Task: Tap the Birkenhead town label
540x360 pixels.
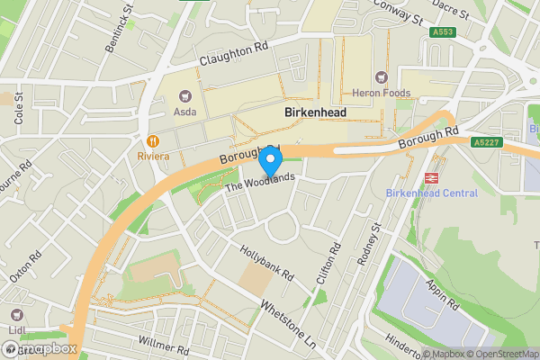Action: pyautogui.click(x=316, y=113)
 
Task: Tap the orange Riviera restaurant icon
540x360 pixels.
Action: pyautogui.click(x=153, y=140)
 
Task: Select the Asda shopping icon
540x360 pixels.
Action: pyautogui.click(x=185, y=95)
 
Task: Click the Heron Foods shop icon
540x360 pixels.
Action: pyautogui.click(x=381, y=77)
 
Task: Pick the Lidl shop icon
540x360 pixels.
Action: pyautogui.click(x=17, y=315)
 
